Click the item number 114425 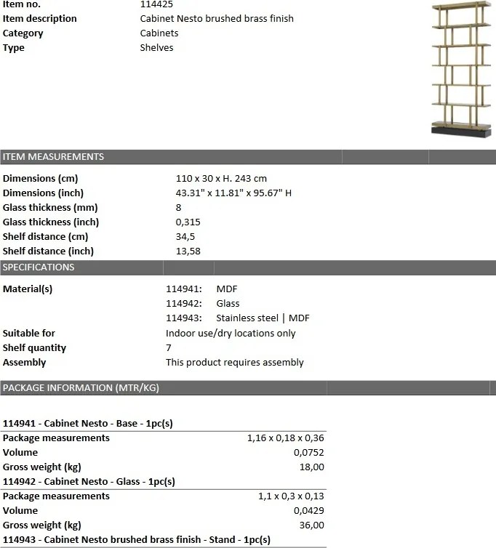point(156,4)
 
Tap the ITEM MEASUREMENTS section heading point(53,157)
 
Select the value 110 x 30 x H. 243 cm point(221,179)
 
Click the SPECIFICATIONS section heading point(39,267)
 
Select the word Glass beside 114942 point(228,304)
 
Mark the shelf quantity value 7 point(169,348)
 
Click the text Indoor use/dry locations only point(231,334)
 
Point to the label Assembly point(24,363)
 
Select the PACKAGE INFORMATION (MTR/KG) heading point(81,388)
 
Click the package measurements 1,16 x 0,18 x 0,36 point(286,438)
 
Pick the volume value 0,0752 point(309,453)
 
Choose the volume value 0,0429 point(309,511)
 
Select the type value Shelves point(156,48)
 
